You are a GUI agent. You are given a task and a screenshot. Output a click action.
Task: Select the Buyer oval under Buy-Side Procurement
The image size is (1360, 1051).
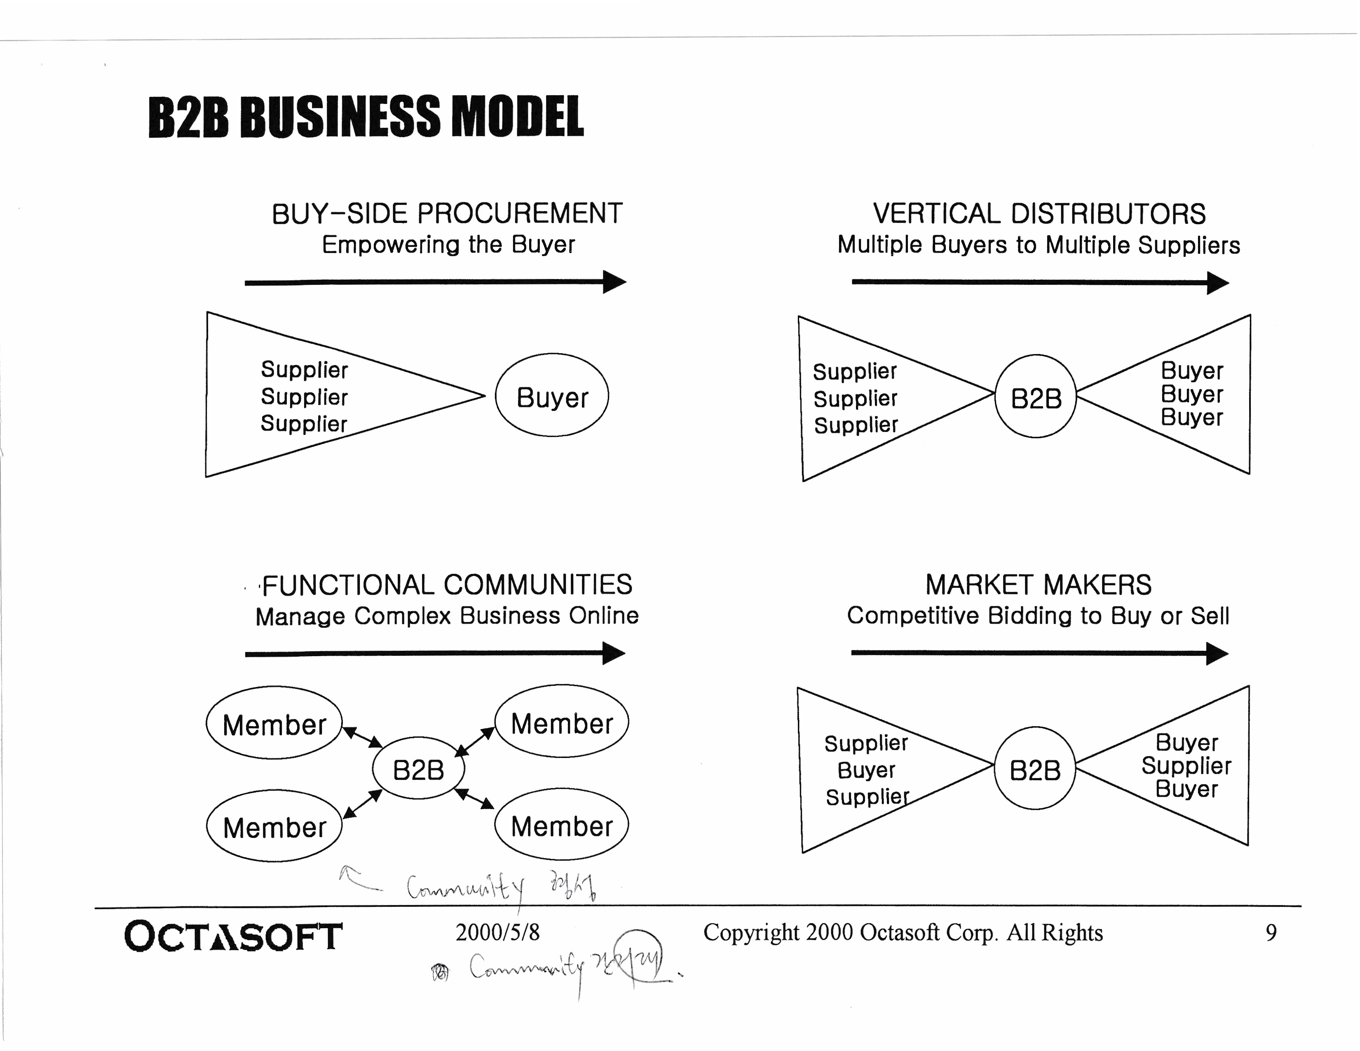pyautogui.click(x=552, y=396)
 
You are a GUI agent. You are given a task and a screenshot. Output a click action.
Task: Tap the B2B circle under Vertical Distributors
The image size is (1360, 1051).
pyautogui.click(x=1036, y=397)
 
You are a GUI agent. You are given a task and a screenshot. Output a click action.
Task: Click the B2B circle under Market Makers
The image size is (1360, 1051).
pyautogui.click(x=1034, y=769)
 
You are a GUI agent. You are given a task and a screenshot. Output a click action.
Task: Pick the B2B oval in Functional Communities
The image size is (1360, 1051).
pyautogui.click(x=418, y=769)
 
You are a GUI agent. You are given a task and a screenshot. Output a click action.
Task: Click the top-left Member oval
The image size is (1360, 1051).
pyautogui.click(x=274, y=723)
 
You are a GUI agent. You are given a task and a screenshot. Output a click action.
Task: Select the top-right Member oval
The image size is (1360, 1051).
pyautogui.click(x=562, y=722)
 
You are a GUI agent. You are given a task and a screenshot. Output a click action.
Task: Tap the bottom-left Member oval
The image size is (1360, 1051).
pyautogui.click(x=274, y=826)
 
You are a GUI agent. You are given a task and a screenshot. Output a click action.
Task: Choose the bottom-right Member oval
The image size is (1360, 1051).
pyautogui.click(x=562, y=825)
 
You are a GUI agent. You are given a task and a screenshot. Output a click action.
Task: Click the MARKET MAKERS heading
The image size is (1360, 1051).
pyautogui.click(x=1038, y=585)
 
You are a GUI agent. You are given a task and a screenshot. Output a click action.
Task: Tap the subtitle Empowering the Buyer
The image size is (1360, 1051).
pyautogui.click(x=448, y=245)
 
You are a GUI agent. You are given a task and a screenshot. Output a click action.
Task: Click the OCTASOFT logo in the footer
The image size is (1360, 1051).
pyautogui.click(x=233, y=936)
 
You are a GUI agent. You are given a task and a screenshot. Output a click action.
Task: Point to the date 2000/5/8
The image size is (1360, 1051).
pyautogui.click(x=497, y=932)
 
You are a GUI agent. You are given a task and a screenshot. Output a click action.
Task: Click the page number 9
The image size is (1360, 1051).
pyautogui.click(x=1271, y=932)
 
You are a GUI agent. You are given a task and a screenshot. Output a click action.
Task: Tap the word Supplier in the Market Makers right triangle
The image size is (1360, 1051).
pyautogui.click(x=1186, y=765)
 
